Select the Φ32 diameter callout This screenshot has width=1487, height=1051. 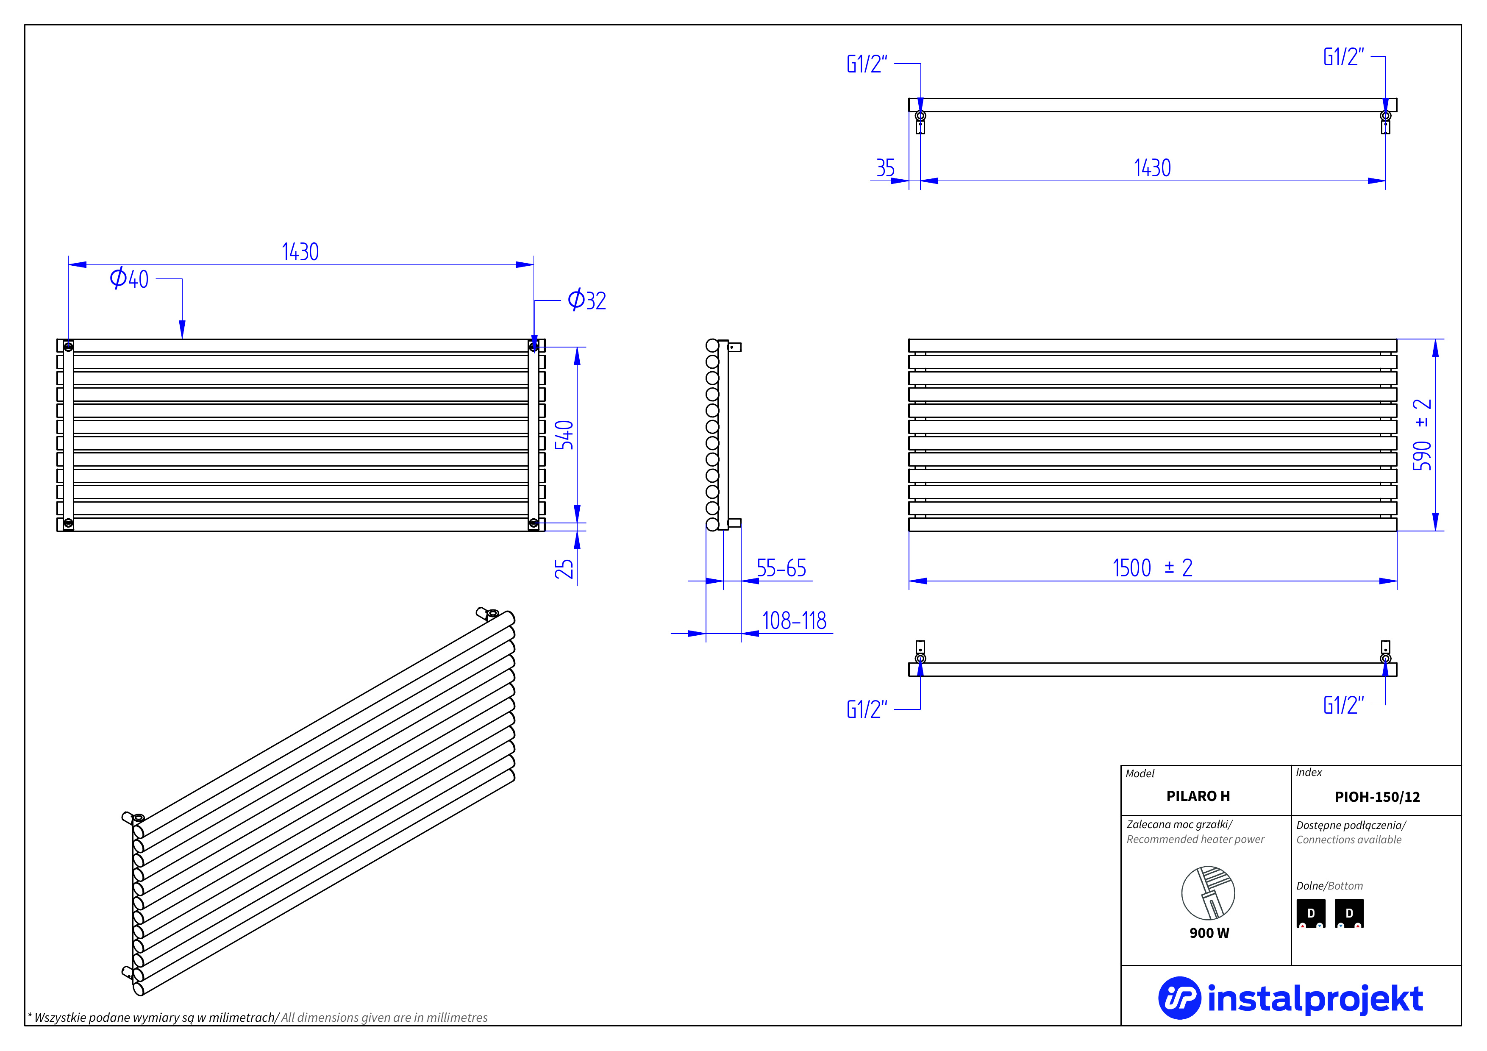click(587, 300)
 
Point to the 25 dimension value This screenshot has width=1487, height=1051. click(564, 569)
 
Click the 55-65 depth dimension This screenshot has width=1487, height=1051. click(781, 569)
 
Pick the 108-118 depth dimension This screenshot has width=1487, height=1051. click(794, 621)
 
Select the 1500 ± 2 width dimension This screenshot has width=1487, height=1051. click(1152, 568)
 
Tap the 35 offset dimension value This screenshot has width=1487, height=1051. click(885, 168)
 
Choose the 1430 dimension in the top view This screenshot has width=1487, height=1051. click(1152, 168)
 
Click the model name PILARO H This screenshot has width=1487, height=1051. click(1198, 796)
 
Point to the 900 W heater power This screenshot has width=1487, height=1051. click(1209, 933)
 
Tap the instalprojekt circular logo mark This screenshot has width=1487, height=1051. click(1179, 998)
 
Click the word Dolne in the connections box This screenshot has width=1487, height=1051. click(1309, 886)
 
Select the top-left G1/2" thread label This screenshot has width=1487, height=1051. click(867, 64)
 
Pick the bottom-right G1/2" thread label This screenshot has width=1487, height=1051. click(1343, 705)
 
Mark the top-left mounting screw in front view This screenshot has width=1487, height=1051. click(69, 347)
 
